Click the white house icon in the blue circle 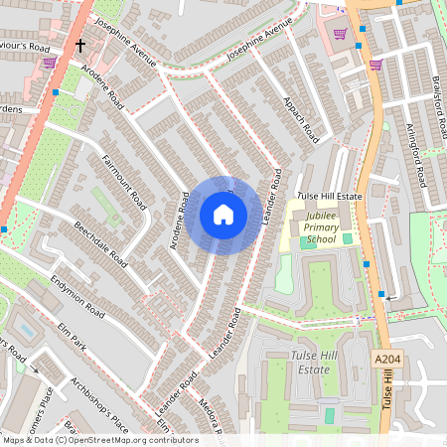click(223, 214)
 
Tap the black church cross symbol click(79, 46)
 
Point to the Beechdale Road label click(100, 244)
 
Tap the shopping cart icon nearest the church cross click(50, 62)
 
